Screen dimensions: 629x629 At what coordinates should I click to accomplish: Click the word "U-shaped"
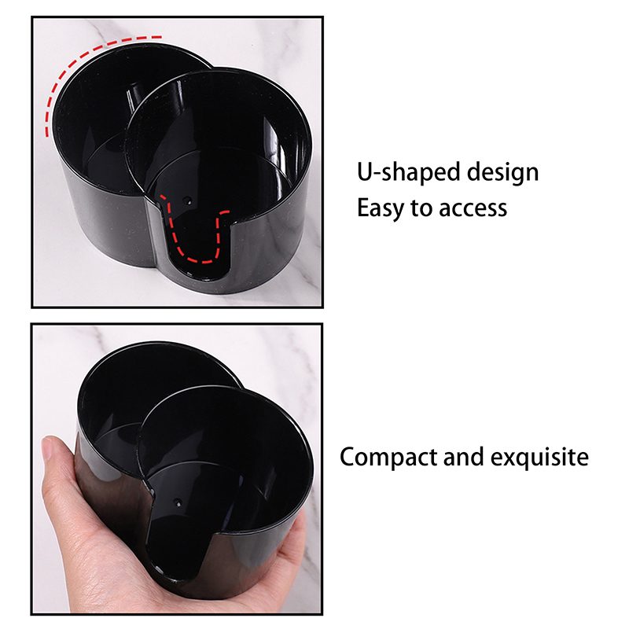point(408,172)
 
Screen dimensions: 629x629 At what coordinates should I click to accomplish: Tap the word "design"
point(502,172)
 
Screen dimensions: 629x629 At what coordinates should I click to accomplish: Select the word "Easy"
point(381,208)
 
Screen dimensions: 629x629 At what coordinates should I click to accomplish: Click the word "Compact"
point(388,458)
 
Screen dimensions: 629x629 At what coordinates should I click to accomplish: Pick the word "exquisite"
point(539,457)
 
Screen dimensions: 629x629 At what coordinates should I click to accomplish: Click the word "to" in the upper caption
point(421,208)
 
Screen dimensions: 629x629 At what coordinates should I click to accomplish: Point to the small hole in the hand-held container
point(176,502)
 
